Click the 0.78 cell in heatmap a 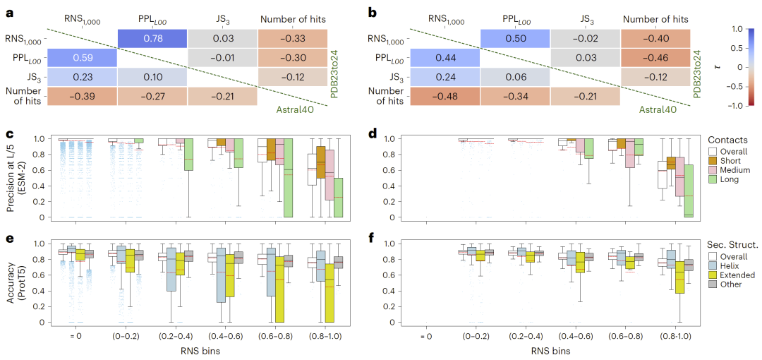tap(152, 40)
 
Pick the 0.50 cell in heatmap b tap(515, 40)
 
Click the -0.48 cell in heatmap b tap(445, 96)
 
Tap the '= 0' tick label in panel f tap(422, 336)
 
